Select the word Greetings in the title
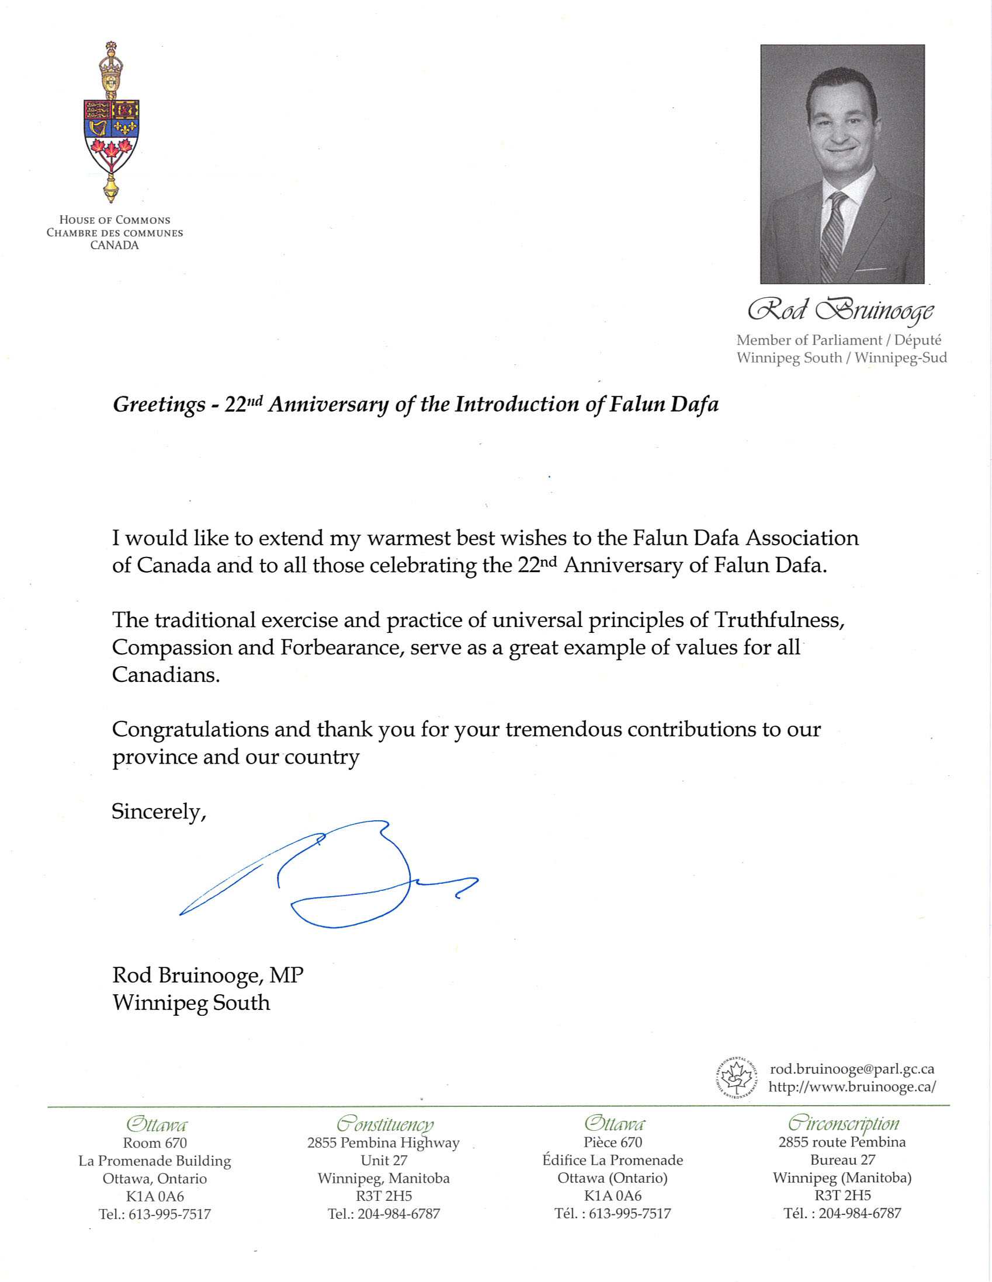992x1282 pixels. (158, 405)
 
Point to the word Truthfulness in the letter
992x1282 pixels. (779, 620)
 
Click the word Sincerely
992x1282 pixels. (158, 812)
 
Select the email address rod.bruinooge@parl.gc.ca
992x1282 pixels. (852, 1069)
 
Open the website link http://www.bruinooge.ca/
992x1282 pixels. (852, 1087)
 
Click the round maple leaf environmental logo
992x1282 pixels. (737, 1078)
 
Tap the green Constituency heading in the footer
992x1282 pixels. (384, 1124)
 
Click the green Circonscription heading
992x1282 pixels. (843, 1124)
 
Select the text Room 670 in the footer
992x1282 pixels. (154, 1143)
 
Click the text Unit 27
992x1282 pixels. (383, 1161)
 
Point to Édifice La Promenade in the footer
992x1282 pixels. (613, 1161)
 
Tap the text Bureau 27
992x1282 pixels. (842, 1160)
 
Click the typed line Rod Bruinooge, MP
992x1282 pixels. (207, 976)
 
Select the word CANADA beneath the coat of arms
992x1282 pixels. (115, 245)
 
